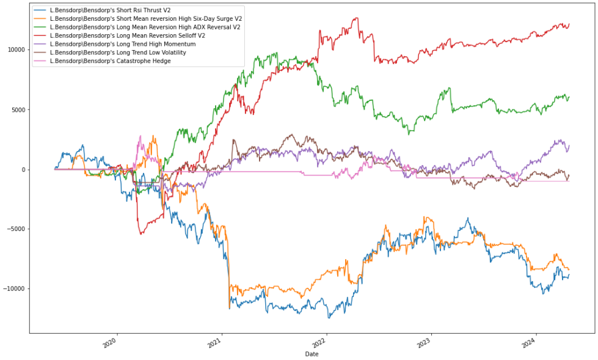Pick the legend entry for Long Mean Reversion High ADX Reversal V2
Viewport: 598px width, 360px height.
(x=145, y=27)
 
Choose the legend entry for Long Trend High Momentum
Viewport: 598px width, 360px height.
(x=122, y=43)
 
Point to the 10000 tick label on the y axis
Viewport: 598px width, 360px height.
(x=15, y=50)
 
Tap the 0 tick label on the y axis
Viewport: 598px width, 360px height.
(x=23, y=170)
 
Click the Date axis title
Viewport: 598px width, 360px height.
(x=312, y=354)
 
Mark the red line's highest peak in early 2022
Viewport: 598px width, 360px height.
(x=356, y=18)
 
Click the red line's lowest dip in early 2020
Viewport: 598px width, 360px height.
(x=142, y=234)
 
